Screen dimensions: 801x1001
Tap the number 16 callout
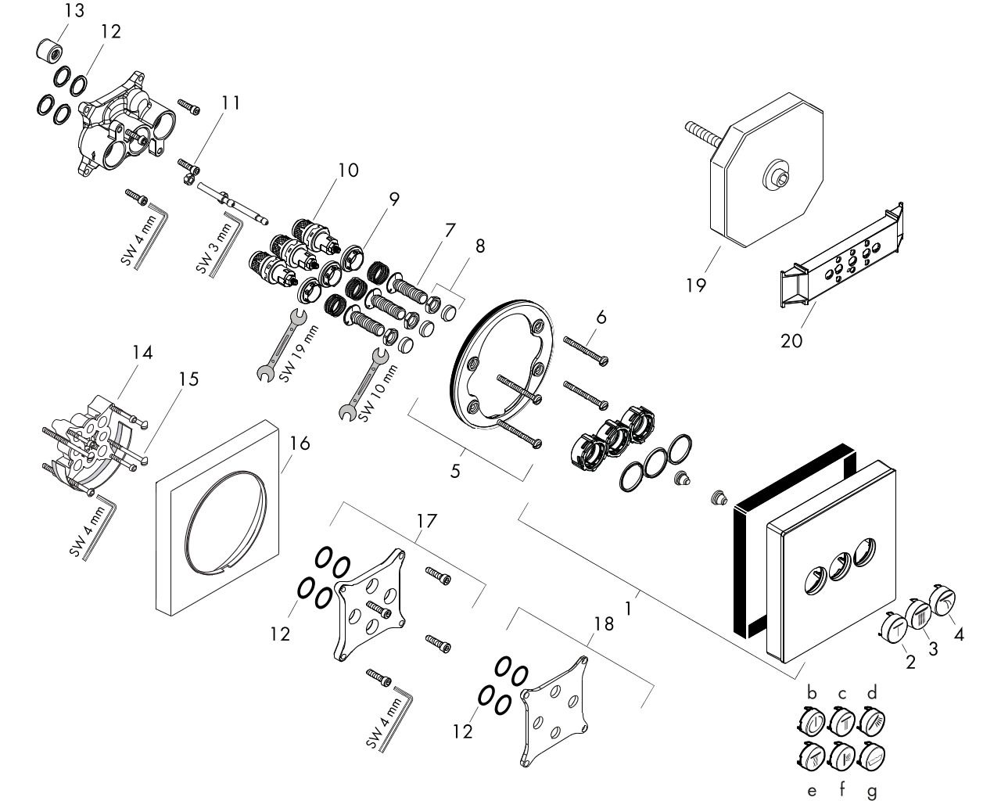click(299, 444)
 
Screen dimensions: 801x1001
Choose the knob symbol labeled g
click(873, 756)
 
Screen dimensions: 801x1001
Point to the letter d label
click(872, 692)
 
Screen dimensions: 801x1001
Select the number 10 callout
click(349, 169)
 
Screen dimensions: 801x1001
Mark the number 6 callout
click(601, 318)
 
